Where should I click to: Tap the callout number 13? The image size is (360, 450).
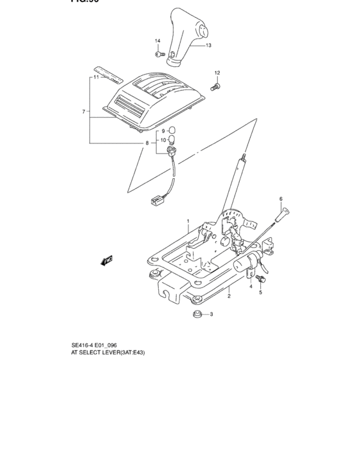209,46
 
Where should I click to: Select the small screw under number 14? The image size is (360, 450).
157,53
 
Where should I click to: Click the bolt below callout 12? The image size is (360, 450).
215,85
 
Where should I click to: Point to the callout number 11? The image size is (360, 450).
95,77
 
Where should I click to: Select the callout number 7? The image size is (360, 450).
84,112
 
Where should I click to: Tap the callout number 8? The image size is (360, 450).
147,143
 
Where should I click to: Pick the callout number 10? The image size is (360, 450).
163,140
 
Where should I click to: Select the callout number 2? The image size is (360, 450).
229,296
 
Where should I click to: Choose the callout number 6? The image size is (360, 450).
281,199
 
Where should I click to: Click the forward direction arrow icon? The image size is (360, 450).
106,260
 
